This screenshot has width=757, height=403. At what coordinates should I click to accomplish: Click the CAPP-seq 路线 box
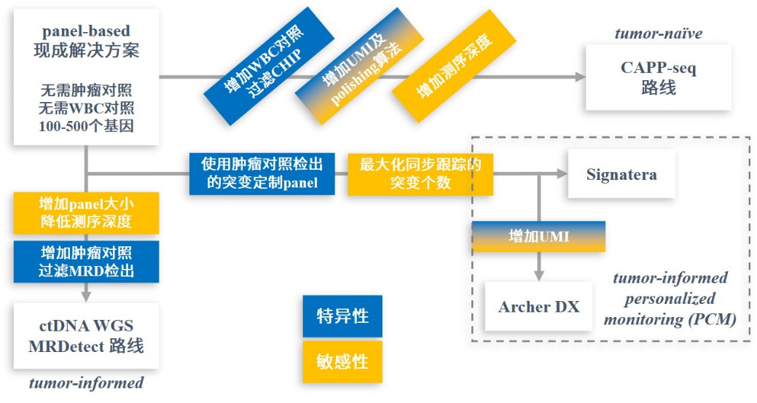[x=658, y=77]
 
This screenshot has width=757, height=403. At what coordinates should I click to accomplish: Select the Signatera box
[x=621, y=174]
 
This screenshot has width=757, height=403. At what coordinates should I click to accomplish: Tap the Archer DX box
[x=538, y=306]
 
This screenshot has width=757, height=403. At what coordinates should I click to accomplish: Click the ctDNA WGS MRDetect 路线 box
[x=86, y=335]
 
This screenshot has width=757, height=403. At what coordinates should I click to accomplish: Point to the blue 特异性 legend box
[x=342, y=316]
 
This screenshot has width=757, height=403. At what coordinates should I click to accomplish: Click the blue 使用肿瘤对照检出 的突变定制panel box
[x=262, y=173]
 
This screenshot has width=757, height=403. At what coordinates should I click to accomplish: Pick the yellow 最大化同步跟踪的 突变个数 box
[x=420, y=173]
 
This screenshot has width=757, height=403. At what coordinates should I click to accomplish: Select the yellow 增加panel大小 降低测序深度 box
[x=86, y=212]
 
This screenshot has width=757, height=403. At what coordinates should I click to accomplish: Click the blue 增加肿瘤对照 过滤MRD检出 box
[x=86, y=262]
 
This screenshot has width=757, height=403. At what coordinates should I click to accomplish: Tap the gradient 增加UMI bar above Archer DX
[x=538, y=236]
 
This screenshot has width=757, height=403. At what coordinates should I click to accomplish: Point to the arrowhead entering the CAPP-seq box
[x=579, y=77]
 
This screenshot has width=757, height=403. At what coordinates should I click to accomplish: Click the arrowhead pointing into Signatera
[x=562, y=173]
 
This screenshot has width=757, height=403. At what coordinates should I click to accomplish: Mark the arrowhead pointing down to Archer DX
[x=538, y=276]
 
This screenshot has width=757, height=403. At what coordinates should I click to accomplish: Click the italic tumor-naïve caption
[x=659, y=34]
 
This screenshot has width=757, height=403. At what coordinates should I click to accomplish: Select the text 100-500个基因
[x=87, y=125]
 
